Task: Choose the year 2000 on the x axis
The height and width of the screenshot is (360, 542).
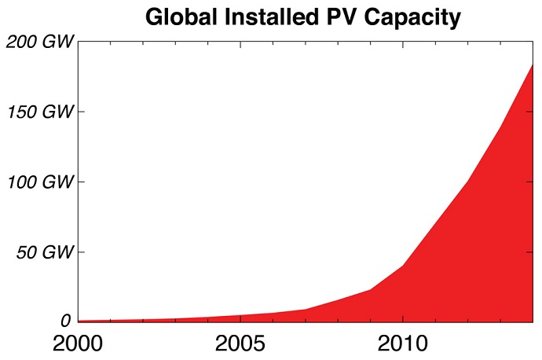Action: (x=79, y=344)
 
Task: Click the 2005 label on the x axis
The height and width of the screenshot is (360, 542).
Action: (x=240, y=344)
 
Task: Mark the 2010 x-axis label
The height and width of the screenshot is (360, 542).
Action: (x=402, y=344)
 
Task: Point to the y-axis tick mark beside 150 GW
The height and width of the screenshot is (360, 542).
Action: (x=82, y=112)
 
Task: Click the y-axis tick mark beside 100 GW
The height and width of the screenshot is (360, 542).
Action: (x=82, y=182)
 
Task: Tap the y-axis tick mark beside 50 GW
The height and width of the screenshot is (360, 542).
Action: (x=82, y=252)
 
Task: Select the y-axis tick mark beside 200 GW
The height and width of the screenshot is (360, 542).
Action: (x=82, y=42)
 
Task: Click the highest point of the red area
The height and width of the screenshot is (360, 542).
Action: (x=532, y=65)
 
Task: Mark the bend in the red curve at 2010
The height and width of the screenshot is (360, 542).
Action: (x=403, y=265)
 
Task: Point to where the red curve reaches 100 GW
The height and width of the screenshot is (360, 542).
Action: (x=467, y=182)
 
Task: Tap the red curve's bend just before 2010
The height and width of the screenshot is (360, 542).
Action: (x=370, y=289)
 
